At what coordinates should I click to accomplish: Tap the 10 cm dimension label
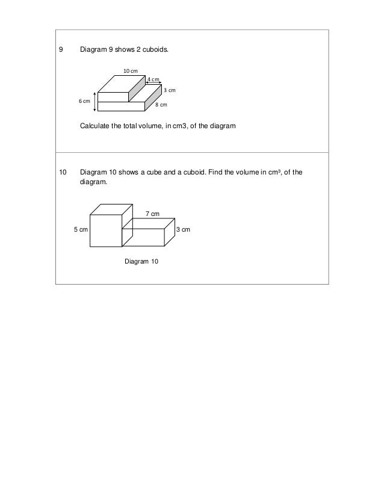[131, 72]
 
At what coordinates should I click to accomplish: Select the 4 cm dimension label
[153, 79]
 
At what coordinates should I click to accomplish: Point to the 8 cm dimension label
[161, 105]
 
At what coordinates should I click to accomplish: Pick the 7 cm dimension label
[153, 214]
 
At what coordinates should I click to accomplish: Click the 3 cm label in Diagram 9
[169, 90]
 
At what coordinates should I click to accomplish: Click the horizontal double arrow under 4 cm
[153, 84]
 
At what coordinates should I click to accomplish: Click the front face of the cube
[105, 231]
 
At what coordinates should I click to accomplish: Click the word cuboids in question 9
[155, 51]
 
